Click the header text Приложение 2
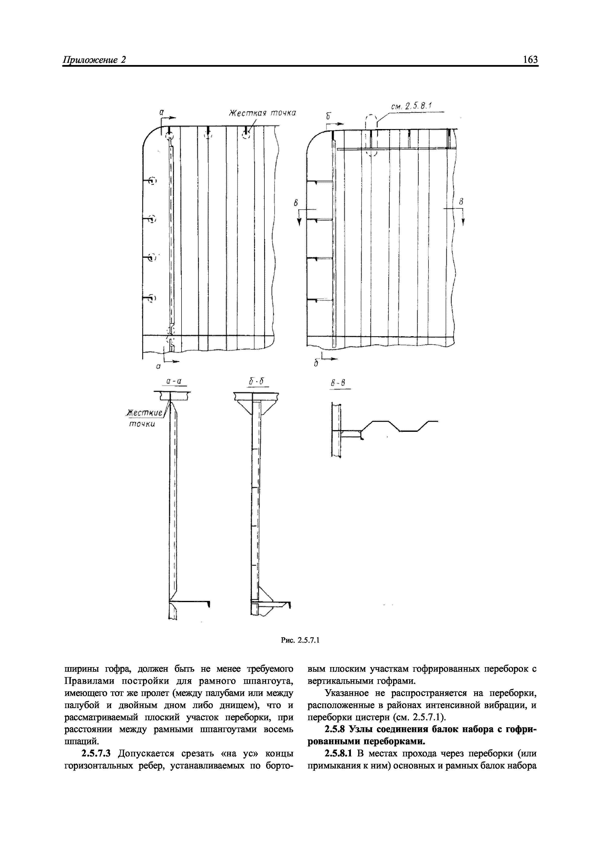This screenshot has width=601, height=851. click(x=95, y=60)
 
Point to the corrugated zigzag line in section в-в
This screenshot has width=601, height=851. click(x=399, y=426)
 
